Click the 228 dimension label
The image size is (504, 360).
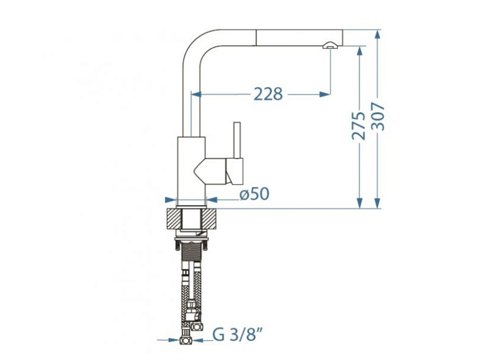click(x=268, y=94)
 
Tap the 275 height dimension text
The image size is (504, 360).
click(x=359, y=126)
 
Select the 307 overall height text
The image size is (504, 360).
click(x=378, y=117)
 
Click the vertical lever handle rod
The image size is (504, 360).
click(x=237, y=141)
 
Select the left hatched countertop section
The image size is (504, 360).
click(x=174, y=219)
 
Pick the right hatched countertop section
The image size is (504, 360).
click(x=209, y=219)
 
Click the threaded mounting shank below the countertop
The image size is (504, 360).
click(x=192, y=259)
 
